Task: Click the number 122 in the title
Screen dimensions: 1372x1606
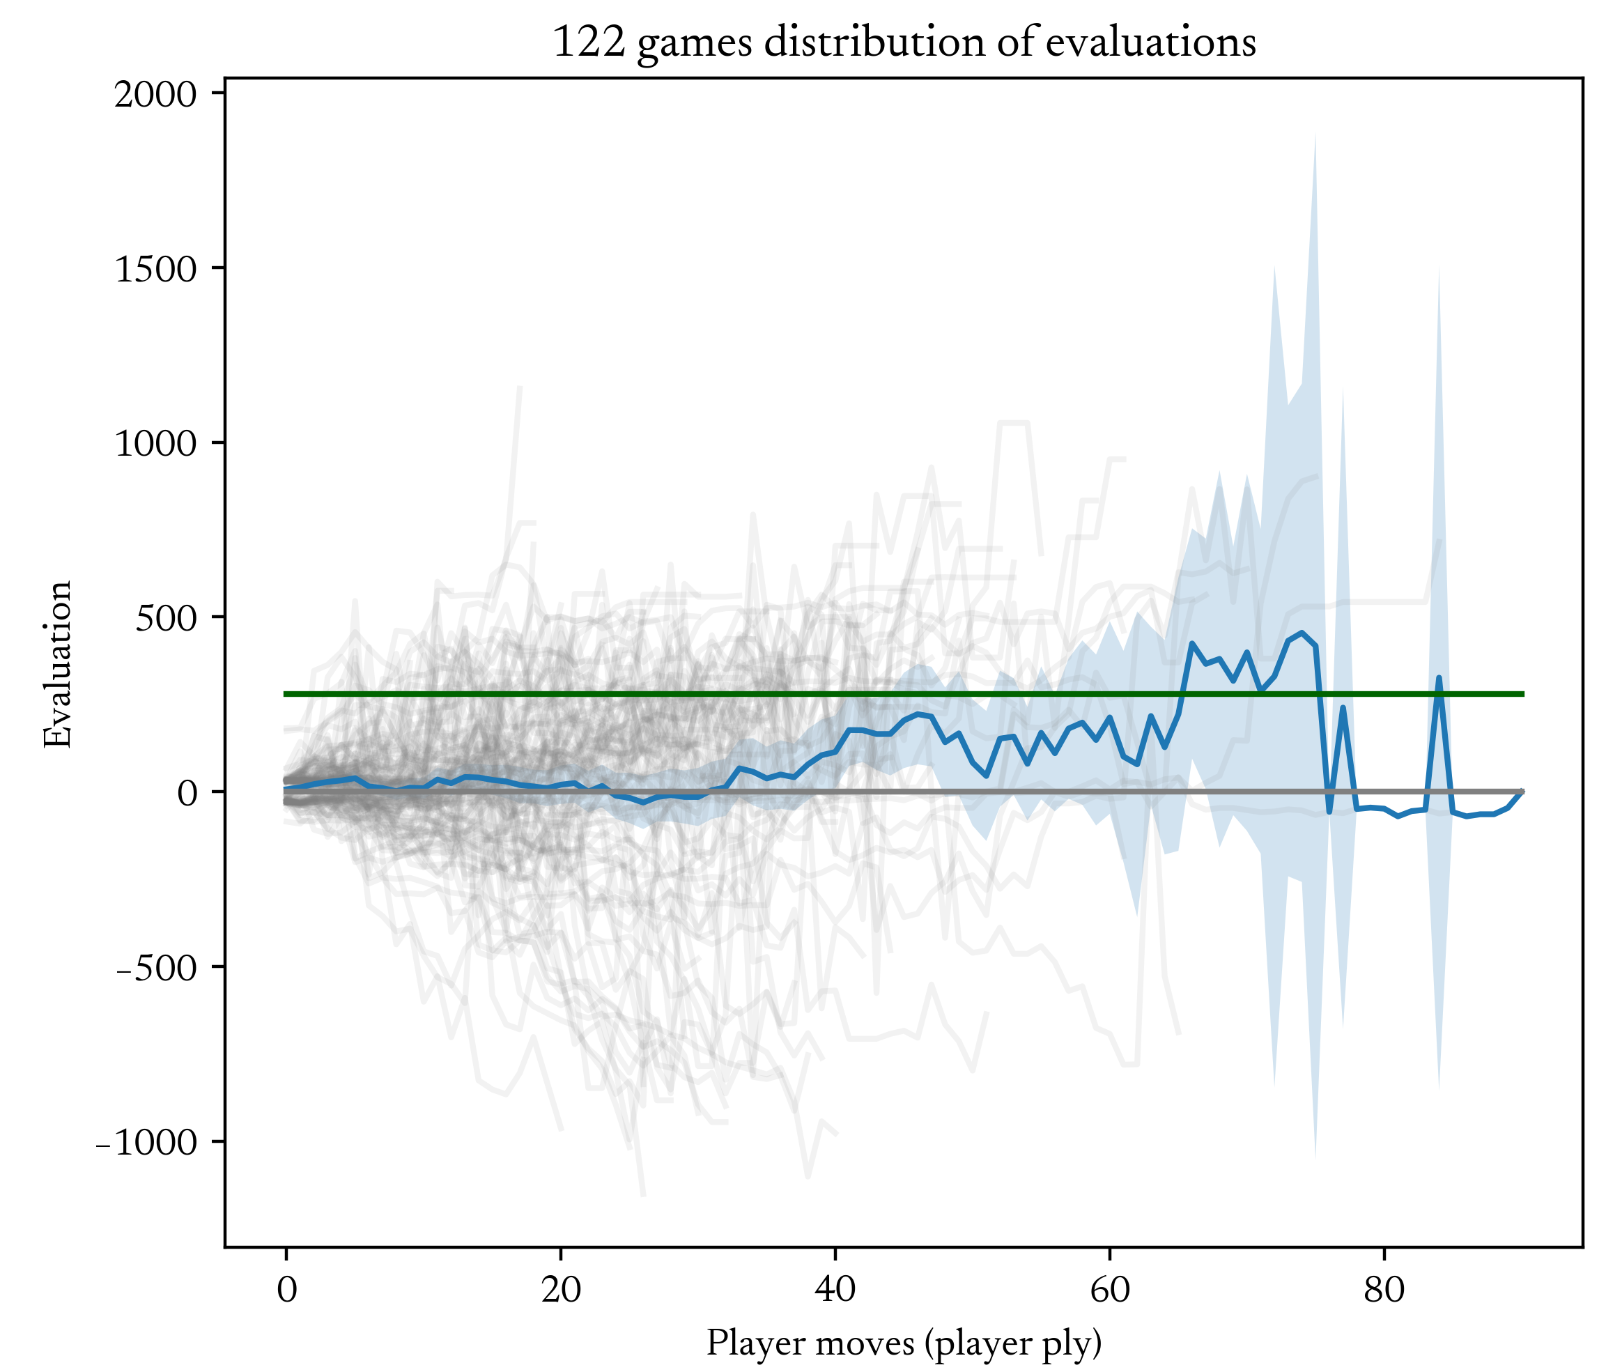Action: (589, 43)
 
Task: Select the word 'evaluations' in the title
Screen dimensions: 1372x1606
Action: (1150, 43)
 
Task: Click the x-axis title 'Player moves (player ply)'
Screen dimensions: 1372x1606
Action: (904, 1343)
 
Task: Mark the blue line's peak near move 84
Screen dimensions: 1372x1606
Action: (1439, 677)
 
